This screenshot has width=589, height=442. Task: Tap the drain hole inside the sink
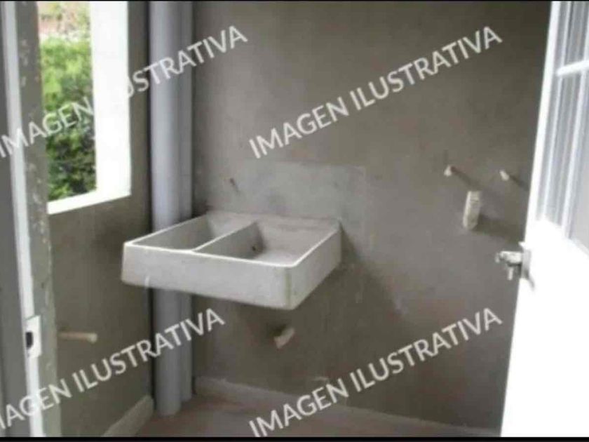(255, 248)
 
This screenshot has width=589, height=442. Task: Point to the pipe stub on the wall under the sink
(283, 336)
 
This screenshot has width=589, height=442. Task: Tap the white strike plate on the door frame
(32, 335)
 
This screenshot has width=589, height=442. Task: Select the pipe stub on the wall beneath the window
(78, 336)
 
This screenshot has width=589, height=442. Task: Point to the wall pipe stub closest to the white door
(511, 179)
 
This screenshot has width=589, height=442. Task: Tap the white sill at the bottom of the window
(89, 202)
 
